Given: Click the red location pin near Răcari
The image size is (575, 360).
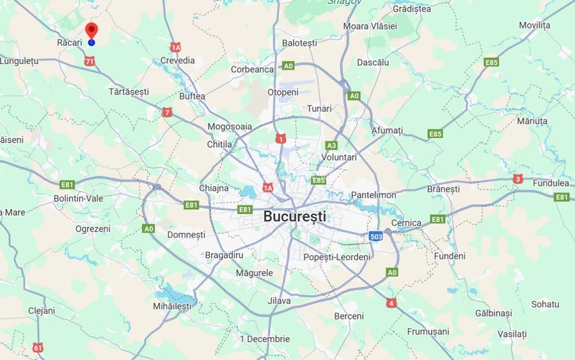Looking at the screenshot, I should click(91, 31).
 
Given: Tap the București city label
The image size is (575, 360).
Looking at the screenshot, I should click(294, 216).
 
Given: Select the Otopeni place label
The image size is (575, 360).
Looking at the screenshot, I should click(283, 92).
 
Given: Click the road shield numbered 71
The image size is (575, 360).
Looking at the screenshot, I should click(90, 61).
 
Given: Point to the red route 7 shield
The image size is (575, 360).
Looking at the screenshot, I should click(167, 113).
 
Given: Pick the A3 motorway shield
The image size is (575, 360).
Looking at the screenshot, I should click(331, 146).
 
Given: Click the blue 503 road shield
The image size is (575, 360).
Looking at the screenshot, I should click(376, 237).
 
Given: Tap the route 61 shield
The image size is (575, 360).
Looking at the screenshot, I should click(38, 348).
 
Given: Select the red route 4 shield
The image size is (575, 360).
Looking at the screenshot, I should click(391, 303).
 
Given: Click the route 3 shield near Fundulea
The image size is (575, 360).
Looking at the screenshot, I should click(517, 179).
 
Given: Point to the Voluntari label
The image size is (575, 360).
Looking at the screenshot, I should click(339, 157).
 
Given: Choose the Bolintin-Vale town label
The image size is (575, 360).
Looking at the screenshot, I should click(78, 199).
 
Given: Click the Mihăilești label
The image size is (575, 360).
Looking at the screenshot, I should click(172, 306).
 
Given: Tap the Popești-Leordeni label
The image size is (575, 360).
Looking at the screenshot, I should click(336, 257).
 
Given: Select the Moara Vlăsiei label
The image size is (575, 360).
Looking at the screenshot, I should click(370, 26).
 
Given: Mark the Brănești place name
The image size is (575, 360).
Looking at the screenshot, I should click(443, 189).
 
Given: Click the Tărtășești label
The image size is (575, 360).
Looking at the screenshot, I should click(129, 92).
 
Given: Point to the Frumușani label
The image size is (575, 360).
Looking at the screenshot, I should click(428, 332).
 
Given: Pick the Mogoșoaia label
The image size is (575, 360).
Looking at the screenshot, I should click(230, 127).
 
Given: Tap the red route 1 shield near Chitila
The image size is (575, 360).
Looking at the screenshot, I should click(280, 139).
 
